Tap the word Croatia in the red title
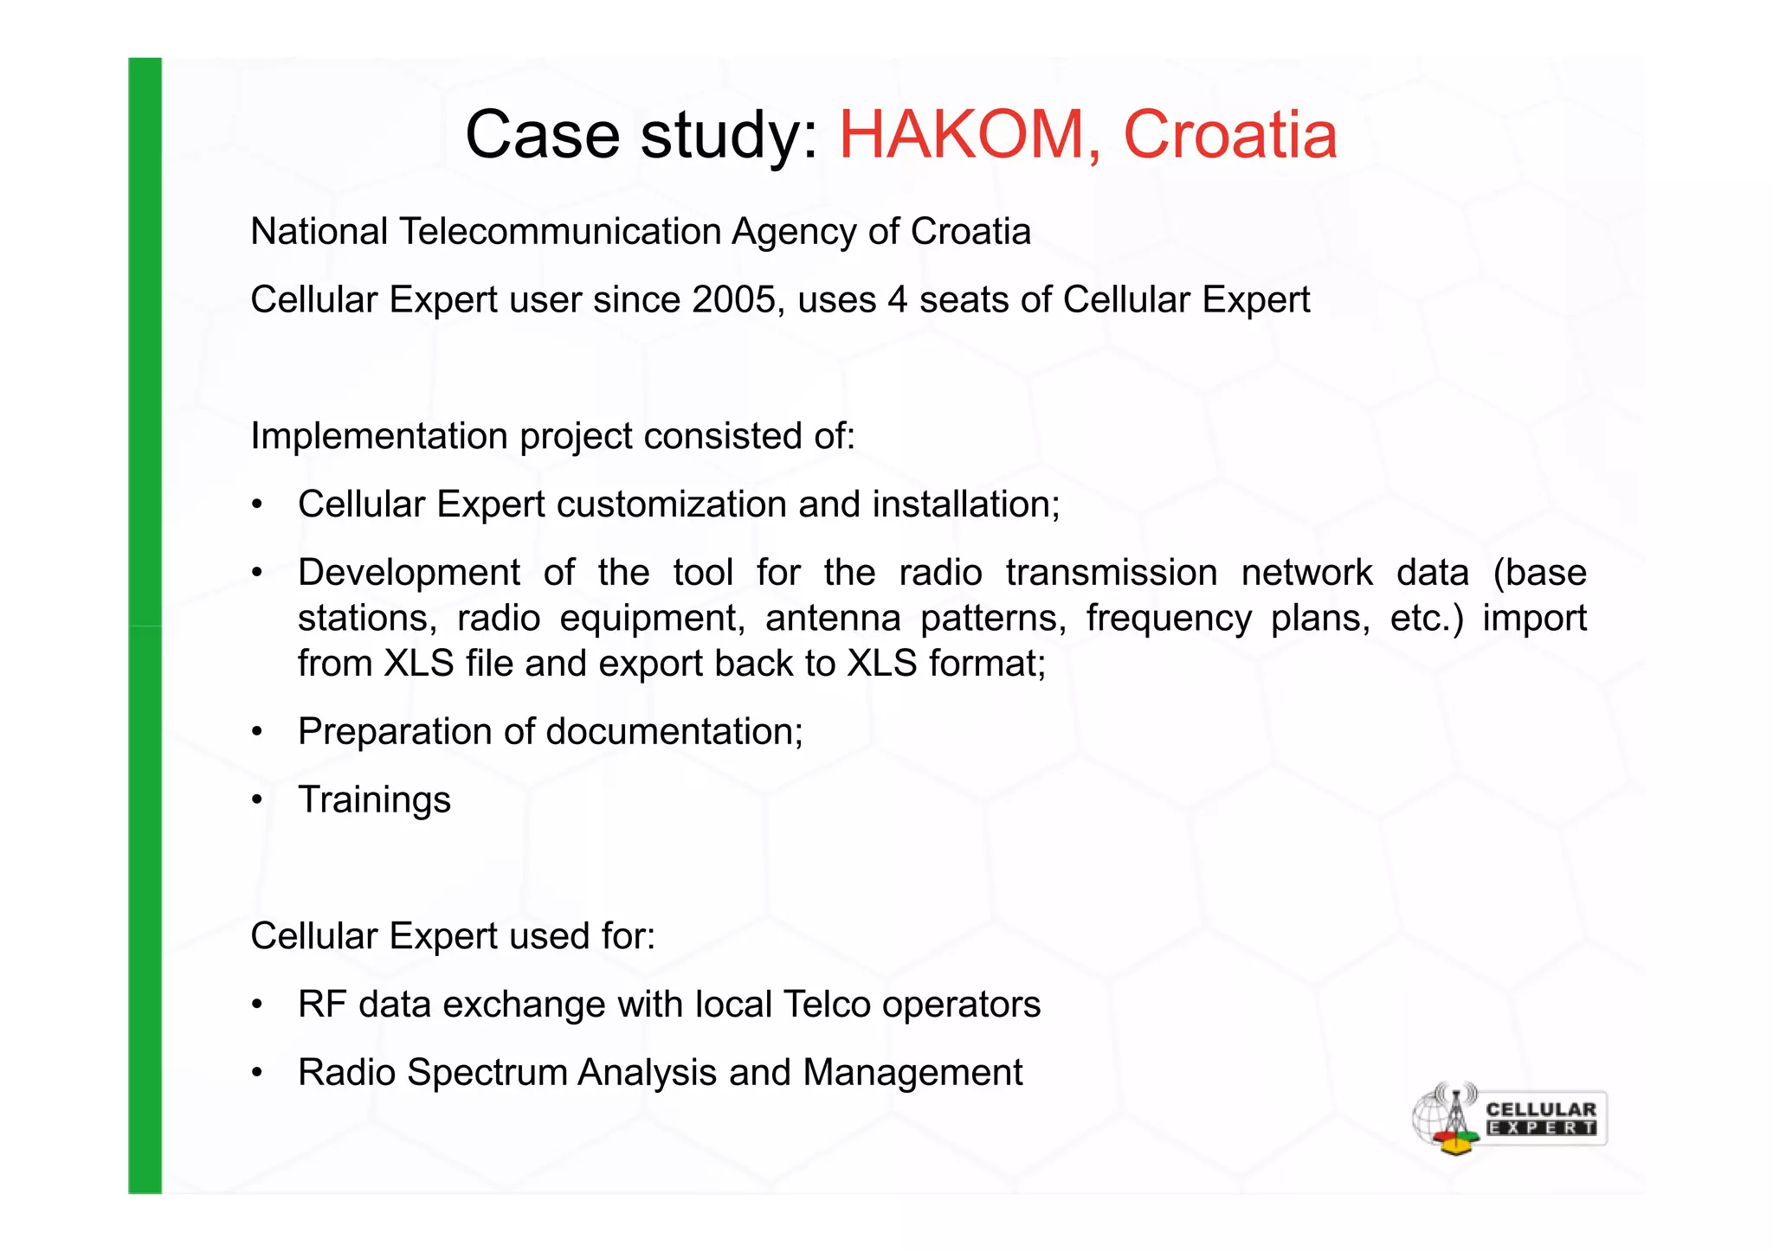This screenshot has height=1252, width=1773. [x=1229, y=135]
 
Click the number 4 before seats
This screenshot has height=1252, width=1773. [x=897, y=300]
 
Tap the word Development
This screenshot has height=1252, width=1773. [x=409, y=573]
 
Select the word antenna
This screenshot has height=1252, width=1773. [x=833, y=619]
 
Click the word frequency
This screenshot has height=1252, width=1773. [x=1169, y=619]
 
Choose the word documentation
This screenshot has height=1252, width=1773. [x=674, y=732]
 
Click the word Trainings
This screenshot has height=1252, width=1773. [x=374, y=800]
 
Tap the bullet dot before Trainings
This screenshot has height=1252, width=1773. [x=257, y=800]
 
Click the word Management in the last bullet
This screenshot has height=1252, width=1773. [x=912, y=1073]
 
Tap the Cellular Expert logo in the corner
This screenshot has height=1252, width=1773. [x=1508, y=1119]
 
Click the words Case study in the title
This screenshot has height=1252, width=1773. [x=641, y=135]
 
